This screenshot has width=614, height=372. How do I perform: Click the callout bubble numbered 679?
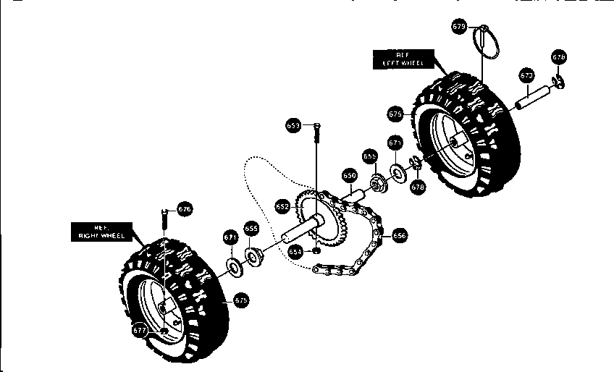pyautogui.click(x=459, y=27)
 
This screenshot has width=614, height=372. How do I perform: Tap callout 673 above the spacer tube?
pyautogui.click(x=527, y=75)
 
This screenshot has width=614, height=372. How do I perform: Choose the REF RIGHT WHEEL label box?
pyautogui.click(x=104, y=231)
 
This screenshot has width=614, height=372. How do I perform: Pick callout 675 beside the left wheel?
pyautogui.click(x=395, y=114)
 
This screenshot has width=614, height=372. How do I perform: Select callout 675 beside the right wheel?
pyautogui.click(x=241, y=299)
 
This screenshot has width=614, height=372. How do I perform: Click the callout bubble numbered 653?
pyautogui.click(x=293, y=125)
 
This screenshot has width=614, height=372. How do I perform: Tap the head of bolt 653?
pyautogui.click(x=316, y=127)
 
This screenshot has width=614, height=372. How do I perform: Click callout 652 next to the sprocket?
pyautogui.click(x=282, y=206)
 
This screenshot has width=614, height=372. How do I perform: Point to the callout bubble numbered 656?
pyautogui.click(x=400, y=234)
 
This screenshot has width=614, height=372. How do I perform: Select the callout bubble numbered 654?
pyautogui.click(x=295, y=251)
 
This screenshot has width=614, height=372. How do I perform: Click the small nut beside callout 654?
pyautogui.click(x=316, y=251)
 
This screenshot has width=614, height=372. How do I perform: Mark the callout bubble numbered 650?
pyautogui.click(x=349, y=176)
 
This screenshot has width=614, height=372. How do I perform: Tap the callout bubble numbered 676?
pyautogui.click(x=185, y=209)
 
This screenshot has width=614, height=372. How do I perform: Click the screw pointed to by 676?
pyautogui.click(x=164, y=217)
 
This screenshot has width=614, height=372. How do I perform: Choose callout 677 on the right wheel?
pyautogui.click(x=140, y=329)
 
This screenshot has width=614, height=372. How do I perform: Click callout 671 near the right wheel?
pyautogui.click(x=230, y=237)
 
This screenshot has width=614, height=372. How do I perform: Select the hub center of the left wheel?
pyautogui.click(x=455, y=145)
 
